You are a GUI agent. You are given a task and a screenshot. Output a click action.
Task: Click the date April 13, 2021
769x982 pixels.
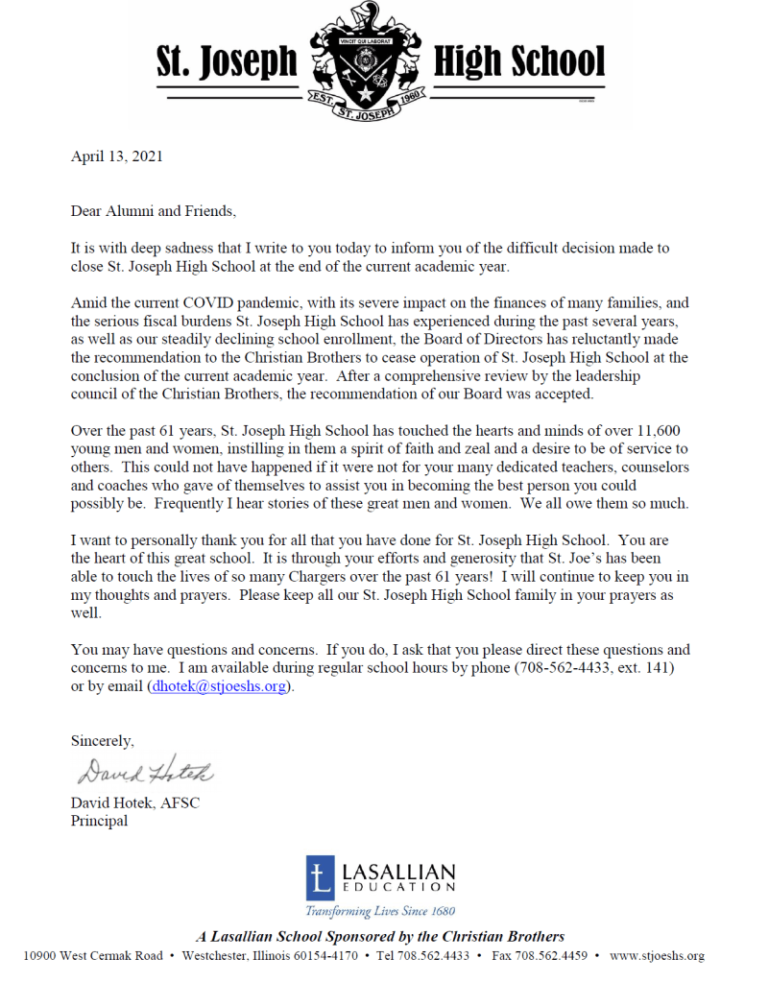pyautogui.click(x=116, y=156)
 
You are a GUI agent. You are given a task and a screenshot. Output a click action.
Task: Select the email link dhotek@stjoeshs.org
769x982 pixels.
pyautogui.click(x=219, y=686)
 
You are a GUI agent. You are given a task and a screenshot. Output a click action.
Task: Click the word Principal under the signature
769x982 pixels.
pyautogui.click(x=99, y=821)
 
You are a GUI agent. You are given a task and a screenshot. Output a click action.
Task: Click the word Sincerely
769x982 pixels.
pyautogui.click(x=103, y=740)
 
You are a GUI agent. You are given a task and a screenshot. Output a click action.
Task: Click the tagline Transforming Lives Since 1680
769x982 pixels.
pyautogui.click(x=380, y=911)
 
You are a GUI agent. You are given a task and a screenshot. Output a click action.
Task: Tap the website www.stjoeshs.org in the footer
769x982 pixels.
pyautogui.click(x=657, y=956)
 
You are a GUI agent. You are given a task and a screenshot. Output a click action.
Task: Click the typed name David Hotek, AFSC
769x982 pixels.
pyautogui.click(x=135, y=802)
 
